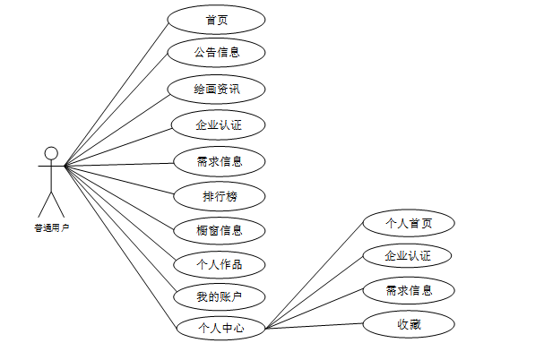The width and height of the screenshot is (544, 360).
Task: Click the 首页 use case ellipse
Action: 217,20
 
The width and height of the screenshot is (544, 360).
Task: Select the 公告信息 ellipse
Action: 217,52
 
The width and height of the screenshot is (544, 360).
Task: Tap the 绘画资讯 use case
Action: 217,89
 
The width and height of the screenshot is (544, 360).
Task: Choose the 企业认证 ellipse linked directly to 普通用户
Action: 219,124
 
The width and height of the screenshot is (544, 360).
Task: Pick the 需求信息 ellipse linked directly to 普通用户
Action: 219,162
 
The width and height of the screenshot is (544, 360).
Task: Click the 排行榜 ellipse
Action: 219,195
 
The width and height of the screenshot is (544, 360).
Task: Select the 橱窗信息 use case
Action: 219,229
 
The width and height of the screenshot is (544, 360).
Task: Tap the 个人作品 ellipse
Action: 219,264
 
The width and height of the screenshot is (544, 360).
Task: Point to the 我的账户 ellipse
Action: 219,296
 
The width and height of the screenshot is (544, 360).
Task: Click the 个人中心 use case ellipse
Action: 220,328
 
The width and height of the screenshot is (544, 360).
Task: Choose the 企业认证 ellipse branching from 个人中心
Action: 409,256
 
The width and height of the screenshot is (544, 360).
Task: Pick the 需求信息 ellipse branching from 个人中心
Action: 409,290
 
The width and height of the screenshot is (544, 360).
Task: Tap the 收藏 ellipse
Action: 409,324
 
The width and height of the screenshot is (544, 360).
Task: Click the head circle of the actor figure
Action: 51,153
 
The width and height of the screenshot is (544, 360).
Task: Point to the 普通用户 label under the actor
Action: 51,227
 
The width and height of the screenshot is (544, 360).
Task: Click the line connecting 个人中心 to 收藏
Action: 314,326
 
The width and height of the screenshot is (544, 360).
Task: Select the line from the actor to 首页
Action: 117,92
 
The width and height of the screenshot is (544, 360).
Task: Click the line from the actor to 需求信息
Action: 121,165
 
